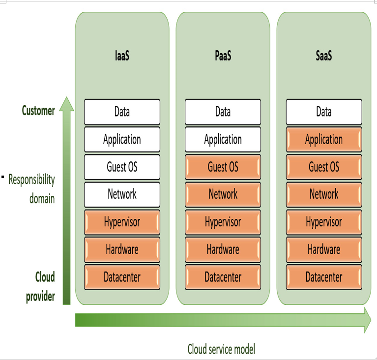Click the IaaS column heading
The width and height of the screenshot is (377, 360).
122,56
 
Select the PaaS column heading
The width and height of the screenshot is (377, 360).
223,56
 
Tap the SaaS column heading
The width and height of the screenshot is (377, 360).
324,56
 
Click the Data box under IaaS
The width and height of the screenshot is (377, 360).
122,112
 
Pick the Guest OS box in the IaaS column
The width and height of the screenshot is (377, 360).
122,167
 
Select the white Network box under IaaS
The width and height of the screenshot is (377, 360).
122,194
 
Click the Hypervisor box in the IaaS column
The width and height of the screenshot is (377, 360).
122,222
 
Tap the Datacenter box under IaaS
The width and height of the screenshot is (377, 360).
122,277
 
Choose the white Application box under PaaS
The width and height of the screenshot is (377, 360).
223,140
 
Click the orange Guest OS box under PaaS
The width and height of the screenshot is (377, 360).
223,167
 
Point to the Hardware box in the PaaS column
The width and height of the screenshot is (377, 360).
223,249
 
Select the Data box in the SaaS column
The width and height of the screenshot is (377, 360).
324,112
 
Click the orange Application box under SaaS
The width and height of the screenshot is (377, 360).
324,140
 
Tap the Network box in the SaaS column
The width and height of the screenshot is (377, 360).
324,194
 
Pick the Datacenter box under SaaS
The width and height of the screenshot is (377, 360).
324,277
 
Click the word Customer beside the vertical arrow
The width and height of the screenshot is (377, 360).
38,111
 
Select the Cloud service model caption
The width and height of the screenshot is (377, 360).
221,349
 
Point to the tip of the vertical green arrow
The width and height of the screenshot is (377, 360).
66,97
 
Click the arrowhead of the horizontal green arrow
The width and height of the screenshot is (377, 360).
368,320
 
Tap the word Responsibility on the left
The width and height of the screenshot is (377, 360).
31,180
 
